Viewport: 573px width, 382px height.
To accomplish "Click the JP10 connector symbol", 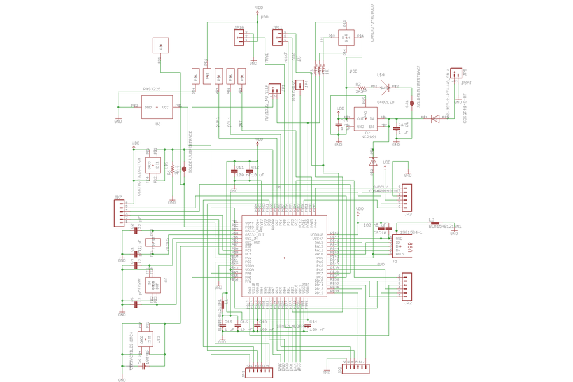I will [x=239, y=38].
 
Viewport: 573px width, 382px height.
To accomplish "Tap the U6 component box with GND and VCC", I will [x=157, y=107].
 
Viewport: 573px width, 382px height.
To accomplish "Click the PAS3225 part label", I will [x=152, y=89].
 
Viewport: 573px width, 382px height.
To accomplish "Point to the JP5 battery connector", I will [x=456, y=74].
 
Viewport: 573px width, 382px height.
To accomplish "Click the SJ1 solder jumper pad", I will [x=412, y=103].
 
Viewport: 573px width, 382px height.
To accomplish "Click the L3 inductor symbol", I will [x=435, y=223].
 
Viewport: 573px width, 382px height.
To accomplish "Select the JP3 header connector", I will [x=406, y=197].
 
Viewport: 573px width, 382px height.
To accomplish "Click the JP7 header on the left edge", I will [x=119, y=213].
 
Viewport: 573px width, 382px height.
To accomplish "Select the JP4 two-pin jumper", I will [x=299, y=85].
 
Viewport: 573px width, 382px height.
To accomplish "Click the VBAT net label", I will [x=467, y=83].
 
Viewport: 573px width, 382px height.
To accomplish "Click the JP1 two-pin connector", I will [x=274, y=90].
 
